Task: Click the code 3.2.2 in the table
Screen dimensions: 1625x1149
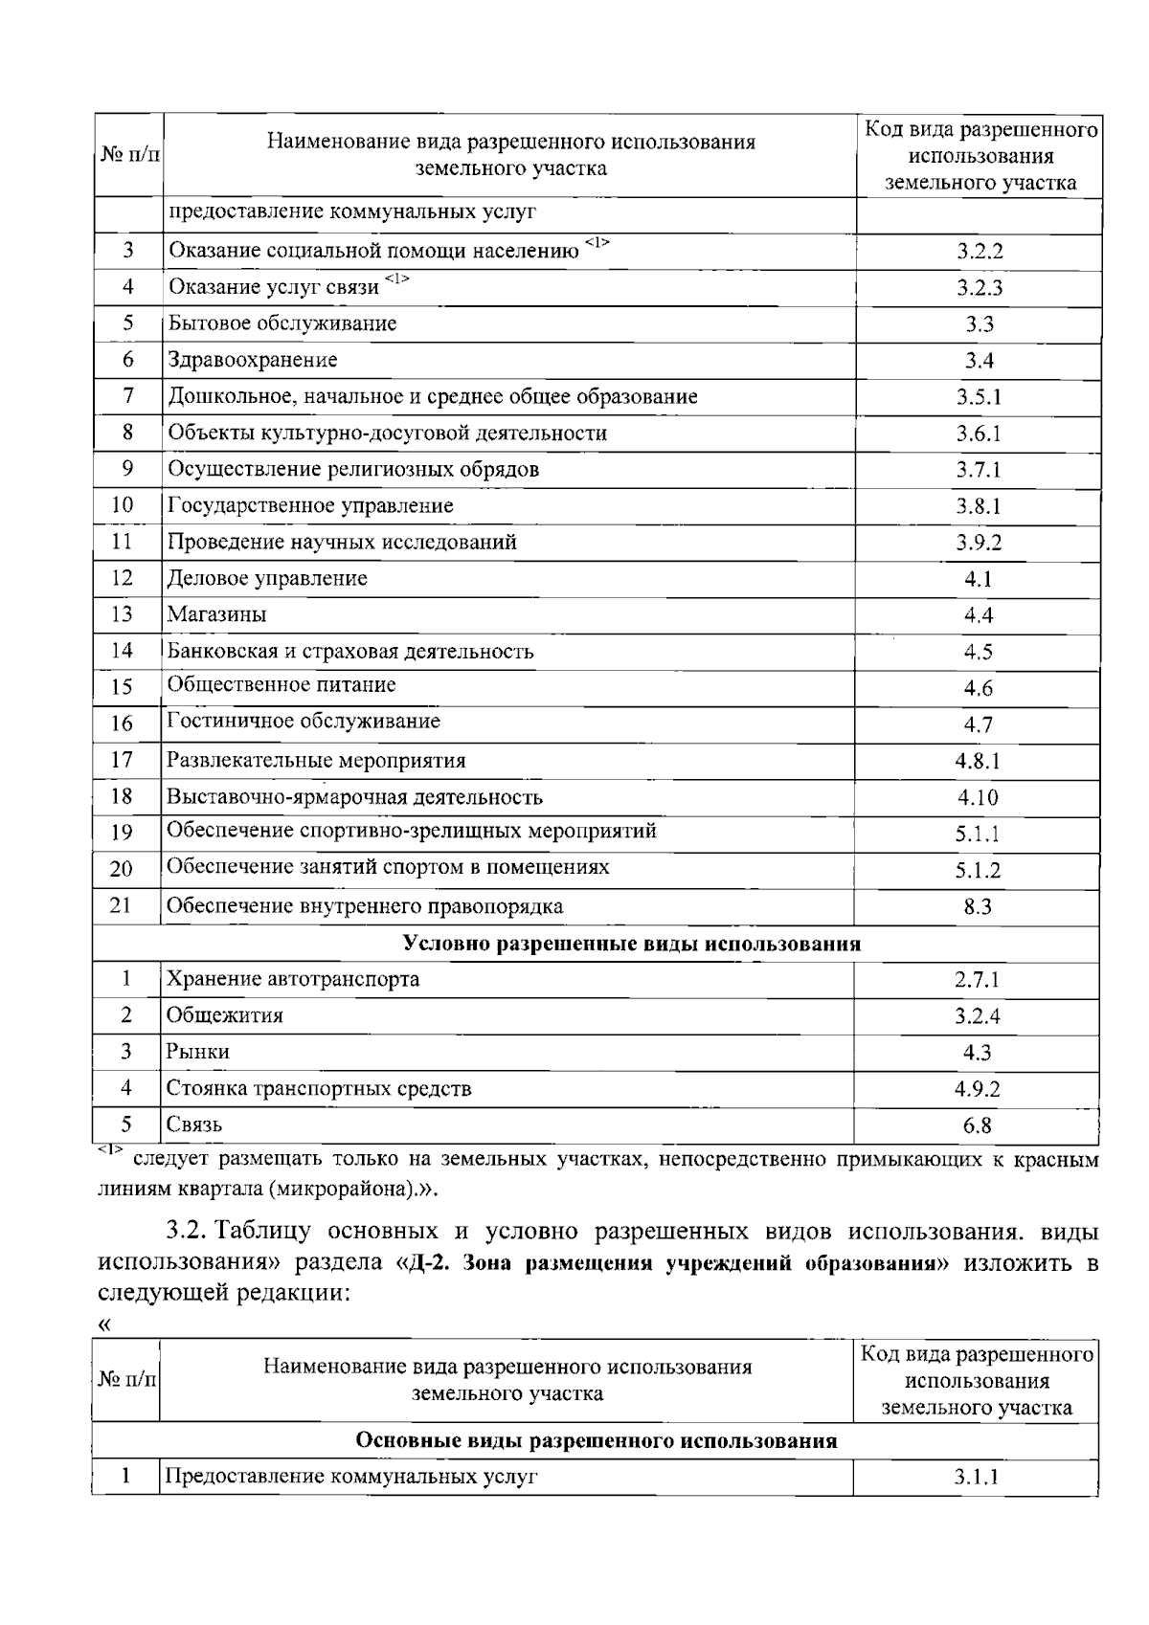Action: point(979,253)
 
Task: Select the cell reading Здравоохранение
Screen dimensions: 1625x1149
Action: point(253,361)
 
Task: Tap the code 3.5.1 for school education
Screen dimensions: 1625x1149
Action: point(979,397)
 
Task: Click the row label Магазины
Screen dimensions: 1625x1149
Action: point(216,614)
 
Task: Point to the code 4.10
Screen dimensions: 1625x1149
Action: point(978,797)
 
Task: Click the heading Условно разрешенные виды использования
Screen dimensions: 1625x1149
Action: point(632,945)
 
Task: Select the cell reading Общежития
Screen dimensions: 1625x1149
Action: point(225,1015)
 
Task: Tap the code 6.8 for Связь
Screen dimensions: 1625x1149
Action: point(978,1126)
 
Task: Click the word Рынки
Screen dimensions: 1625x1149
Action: point(198,1052)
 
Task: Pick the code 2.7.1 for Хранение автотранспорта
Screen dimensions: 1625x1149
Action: point(977,980)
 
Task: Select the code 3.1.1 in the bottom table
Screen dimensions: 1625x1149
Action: point(975,1477)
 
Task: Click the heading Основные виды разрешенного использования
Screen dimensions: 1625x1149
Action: point(596,1441)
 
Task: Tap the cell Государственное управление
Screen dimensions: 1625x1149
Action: point(310,505)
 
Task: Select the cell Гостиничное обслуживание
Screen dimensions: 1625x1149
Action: point(304,722)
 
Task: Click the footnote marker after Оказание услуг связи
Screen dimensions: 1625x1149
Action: point(396,278)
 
